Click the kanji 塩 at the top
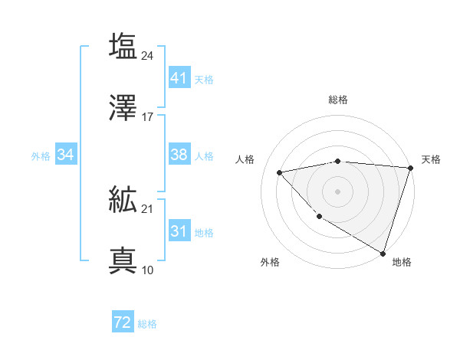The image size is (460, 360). tap(123, 46)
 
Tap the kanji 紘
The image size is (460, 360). tap(123, 201)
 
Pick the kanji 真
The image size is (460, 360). tap(123, 261)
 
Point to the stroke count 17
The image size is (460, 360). tap(148, 116)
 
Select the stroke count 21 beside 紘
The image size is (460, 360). tap(148, 209)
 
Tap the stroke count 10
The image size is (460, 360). tap(148, 270)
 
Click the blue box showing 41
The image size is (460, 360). tap(179, 78)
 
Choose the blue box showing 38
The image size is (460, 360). tap(179, 155)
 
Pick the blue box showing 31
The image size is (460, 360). tap(179, 231)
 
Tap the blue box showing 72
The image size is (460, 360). tap(123, 322)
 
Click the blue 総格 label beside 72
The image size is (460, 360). tap(148, 324)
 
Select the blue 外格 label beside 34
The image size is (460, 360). tap(41, 156)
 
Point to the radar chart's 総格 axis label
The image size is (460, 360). tap(338, 100)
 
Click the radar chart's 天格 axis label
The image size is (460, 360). tap(431, 159)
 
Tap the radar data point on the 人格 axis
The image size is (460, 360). tap(280, 172)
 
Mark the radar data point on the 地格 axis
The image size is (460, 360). tap(383, 253)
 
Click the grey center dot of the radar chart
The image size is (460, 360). tap(338, 191)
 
